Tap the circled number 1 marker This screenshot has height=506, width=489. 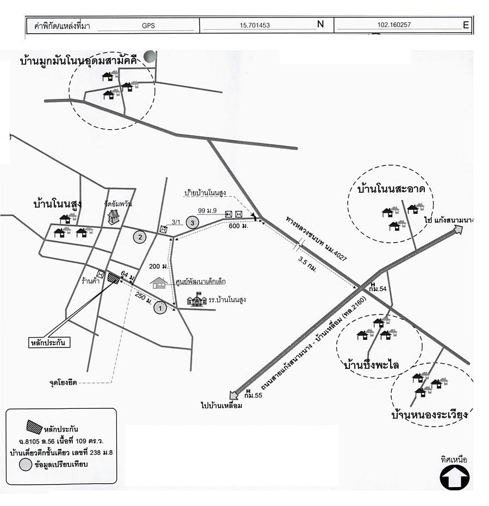(x=160, y=308)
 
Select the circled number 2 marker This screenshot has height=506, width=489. (x=140, y=237)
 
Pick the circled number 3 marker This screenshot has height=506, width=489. (x=191, y=222)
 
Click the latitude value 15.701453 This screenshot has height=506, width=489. (x=254, y=25)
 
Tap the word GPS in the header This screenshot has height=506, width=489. (x=148, y=25)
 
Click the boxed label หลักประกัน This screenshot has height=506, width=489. (x=50, y=343)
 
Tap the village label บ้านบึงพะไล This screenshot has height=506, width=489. (x=372, y=365)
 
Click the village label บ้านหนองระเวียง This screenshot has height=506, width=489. (x=430, y=415)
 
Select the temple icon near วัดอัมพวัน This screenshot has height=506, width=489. (x=113, y=217)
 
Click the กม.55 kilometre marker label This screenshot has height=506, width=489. (x=253, y=395)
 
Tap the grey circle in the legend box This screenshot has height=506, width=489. (x=25, y=464)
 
